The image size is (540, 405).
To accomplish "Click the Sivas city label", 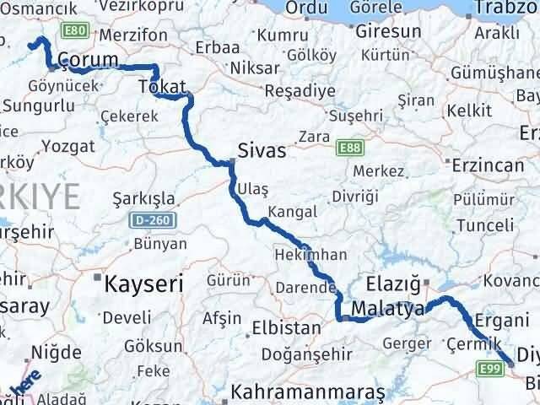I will [263, 152].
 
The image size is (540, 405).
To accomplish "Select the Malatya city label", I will [388, 308].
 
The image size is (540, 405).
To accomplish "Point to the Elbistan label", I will [286, 327].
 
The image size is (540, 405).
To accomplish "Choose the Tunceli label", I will [484, 224].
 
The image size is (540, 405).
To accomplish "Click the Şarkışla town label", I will [143, 199].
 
